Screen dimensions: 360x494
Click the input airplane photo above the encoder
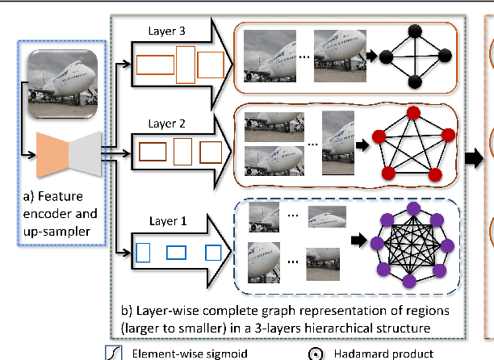pyautogui.click(x=61, y=80)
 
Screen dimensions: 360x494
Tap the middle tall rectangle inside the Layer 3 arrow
pyautogui.click(x=185, y=64)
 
